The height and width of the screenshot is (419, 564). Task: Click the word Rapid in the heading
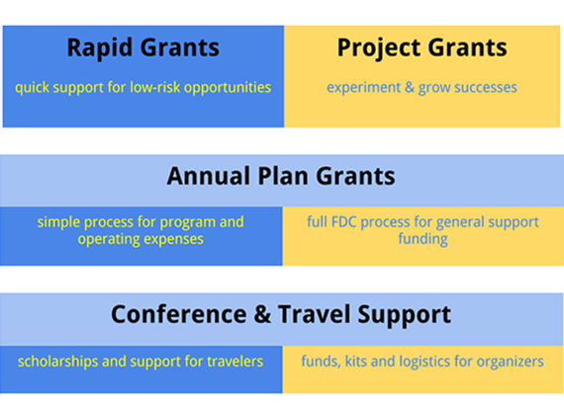pyautogui.click(x=100, y=48)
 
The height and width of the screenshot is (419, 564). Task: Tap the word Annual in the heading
pyautogui.click(x=209, y=176)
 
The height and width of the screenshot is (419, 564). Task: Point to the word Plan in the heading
pyautogui.click(x=283, y=176)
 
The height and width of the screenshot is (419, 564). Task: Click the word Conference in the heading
pyautogui.click(x=179, y=314)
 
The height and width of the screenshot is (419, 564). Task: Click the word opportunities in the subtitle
pyautogui.click(x=228, y=88)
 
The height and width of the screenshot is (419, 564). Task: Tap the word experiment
pyautogui.click(x=364, y=88)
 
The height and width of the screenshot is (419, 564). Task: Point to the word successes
pyautogui.click(x=486, y=88)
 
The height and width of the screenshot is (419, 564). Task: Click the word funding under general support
pyautogui.click(x=423, y=239)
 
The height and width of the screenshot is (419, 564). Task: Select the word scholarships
pyautogui.click(x=58, y=362)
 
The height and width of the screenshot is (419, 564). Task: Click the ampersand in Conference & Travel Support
pyautogui.click(x=262, y=314)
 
